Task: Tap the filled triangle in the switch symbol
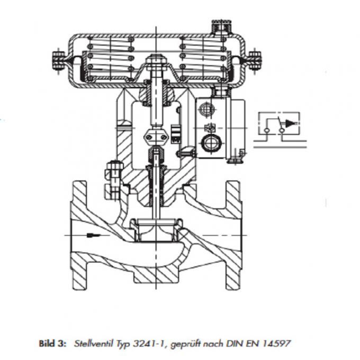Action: [289, 123]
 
